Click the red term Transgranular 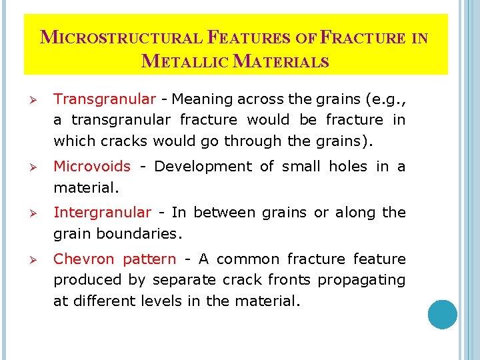click(x=104, y=99)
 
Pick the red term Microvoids click(x=92, y=166)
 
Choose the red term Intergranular click(x=102, y=212)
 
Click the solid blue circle click(x=443, y=314)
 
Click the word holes click(x=345, y=166)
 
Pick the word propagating click(x=361, y=280)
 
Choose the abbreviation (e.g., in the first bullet click(x=381, y=100)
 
